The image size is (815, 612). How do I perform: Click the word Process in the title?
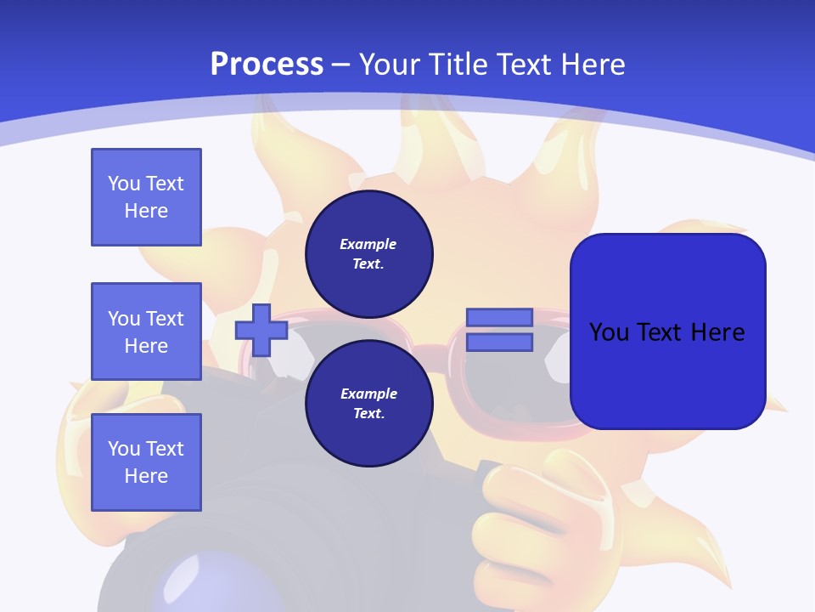(x=267, y=65)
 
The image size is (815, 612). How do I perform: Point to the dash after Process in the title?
(x=341, y=65)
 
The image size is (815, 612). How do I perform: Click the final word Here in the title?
(x=592, y=65)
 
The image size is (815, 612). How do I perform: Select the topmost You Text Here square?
(x=146, y=197)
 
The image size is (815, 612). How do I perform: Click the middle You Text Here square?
(x=146, y=331)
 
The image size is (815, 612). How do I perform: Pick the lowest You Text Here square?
(x=146, y=462)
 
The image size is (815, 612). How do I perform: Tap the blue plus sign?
(x=261, y=331)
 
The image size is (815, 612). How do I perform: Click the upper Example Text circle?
(x=368, y=254)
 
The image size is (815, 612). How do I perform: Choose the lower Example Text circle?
(x=368, y=404)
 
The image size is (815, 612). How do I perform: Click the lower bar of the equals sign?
(x=499, y=343)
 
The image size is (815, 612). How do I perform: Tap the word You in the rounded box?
(x=609, y=331)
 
